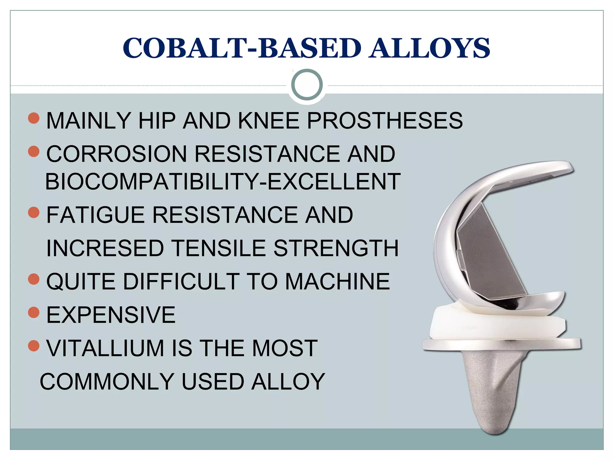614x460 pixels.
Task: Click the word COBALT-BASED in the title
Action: coord(242,48)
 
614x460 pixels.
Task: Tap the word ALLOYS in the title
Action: coord(429,48)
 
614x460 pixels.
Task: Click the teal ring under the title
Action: coord(307,85)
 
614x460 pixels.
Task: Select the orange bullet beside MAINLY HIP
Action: coord(34,118)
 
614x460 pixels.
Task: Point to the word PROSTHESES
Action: coord(385,121)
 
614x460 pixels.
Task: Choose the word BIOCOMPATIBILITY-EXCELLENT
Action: coord(223,181)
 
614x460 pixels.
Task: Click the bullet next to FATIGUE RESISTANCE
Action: coord(34,213)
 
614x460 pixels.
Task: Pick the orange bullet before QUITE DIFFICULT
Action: coord(34,279)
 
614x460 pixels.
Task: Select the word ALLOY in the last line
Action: coord(288,382)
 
